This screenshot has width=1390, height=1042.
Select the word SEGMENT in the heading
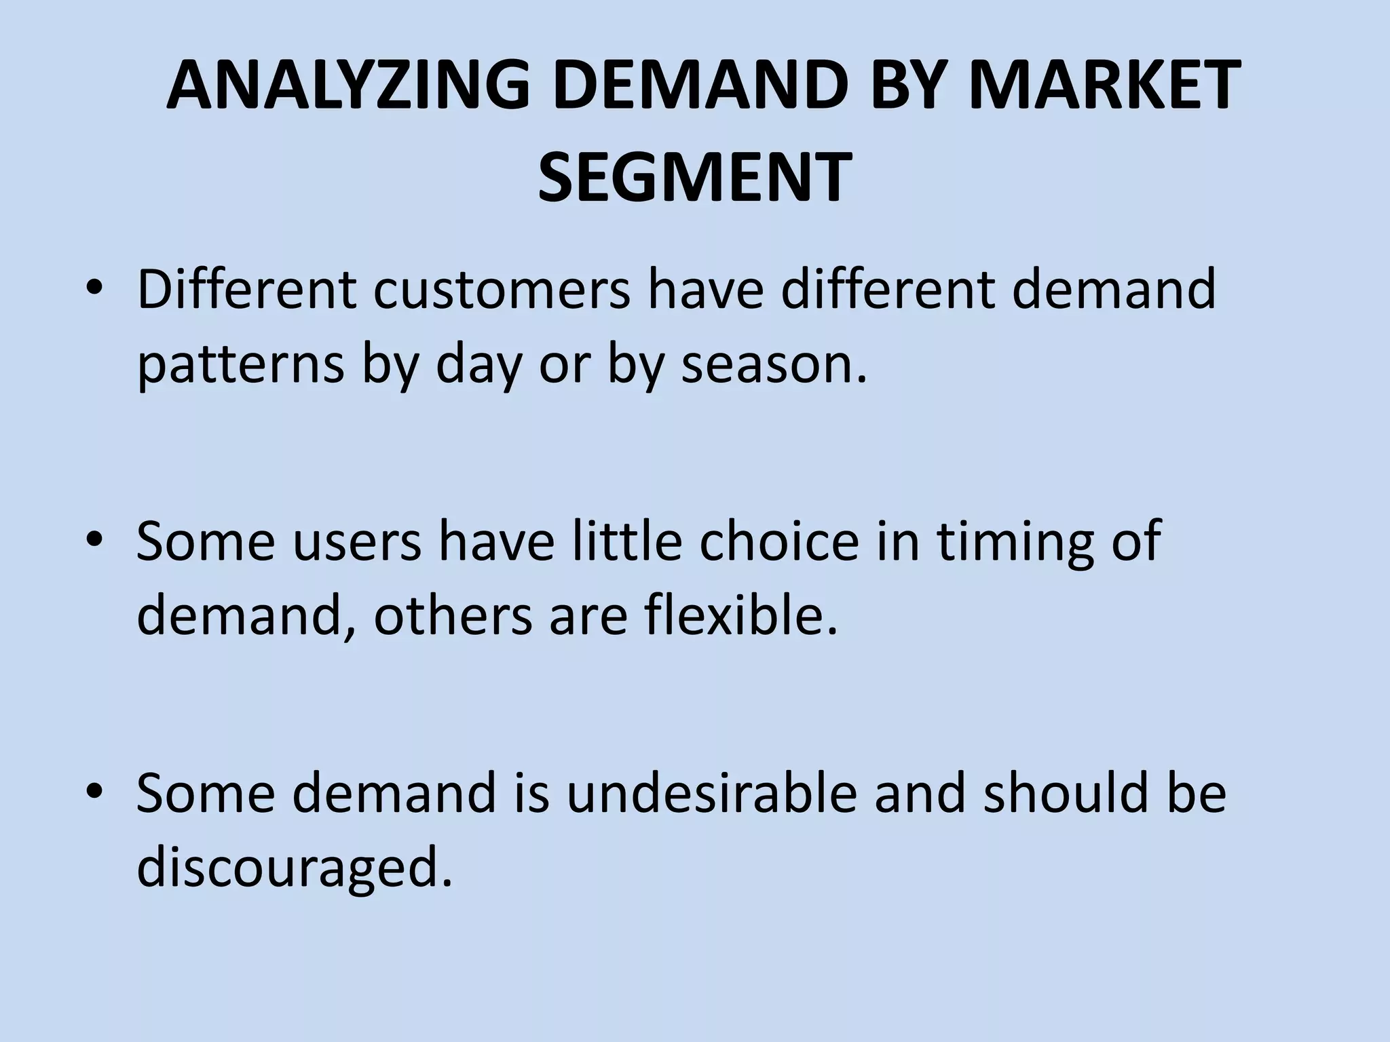tap(695, 177)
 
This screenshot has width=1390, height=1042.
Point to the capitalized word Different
tap(246, 289)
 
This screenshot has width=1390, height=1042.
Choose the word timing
tap(1017, 543)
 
